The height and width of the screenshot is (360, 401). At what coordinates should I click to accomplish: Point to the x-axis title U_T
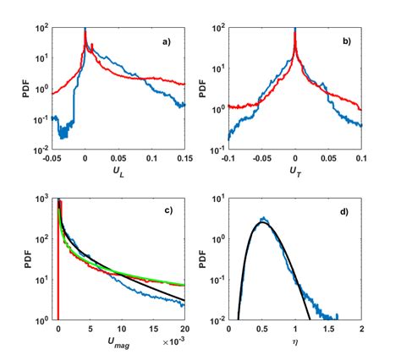[x=294, y=172]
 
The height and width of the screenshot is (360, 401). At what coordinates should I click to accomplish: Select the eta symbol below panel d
[x=294, y=343]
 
